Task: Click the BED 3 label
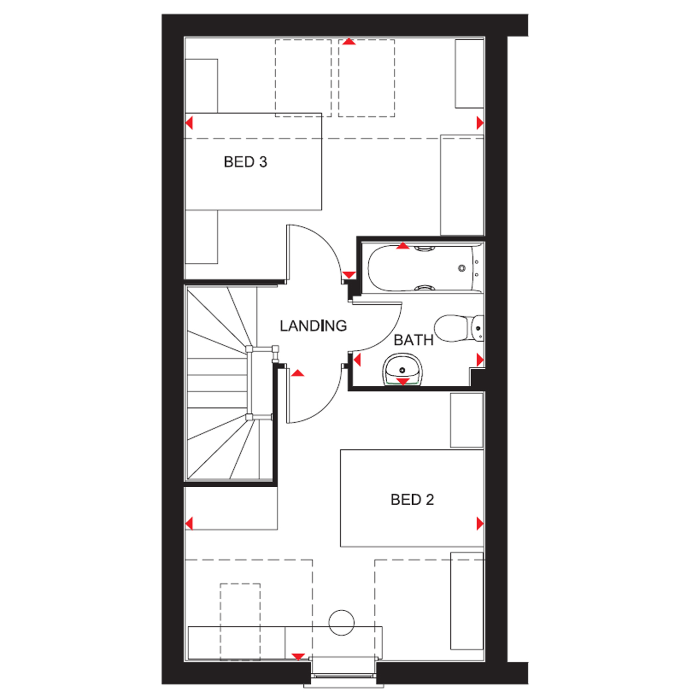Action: [x=245, y=162]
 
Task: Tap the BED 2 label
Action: [x=412, y=500]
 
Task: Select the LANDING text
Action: [x=313, y=326]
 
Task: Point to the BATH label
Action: [x=413, y=341]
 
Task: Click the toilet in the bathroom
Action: [x=458, y=328]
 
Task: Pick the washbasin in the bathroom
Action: [x=402, y=369]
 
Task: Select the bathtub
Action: [x=423, y=268]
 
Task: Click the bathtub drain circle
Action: [x=461, y=268]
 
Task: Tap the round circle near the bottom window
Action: [x=341, y=622]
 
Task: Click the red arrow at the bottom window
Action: [x=298, y=657]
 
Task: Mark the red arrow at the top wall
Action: [x=349, y=42]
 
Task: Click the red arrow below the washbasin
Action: [x=403, y=382]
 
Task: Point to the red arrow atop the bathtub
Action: [x=403, y=246]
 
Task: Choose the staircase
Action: [x=222, y=384]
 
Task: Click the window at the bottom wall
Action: [x=343, y=671]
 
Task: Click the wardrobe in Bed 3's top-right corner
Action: [x=469, y=74]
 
